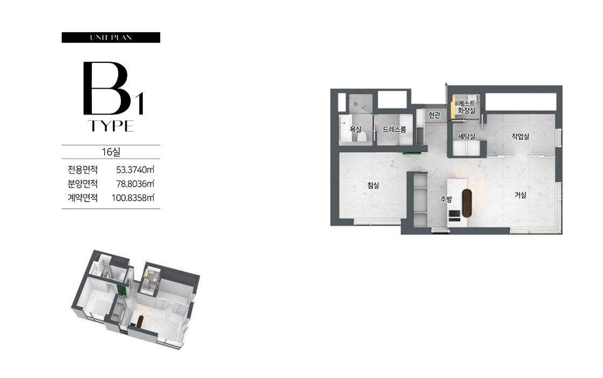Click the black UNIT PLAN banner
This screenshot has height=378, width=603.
coord(111,37)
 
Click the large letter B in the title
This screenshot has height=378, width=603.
coord(106,88)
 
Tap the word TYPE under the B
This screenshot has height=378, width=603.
coord(111,126)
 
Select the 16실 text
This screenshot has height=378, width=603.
coord(111,152)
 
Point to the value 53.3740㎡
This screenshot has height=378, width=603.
coord(135,169)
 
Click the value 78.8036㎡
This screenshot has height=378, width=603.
coord(135,183)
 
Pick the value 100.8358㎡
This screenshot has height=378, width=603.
coord(133,198)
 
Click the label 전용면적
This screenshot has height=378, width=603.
coord(83,169)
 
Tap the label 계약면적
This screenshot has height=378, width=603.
coord(83,198)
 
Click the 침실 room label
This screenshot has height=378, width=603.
coord(373,186)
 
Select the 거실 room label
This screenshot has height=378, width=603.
coord(520,195)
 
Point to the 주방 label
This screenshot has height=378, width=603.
coord(446,199)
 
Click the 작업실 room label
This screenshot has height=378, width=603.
coord(520,137)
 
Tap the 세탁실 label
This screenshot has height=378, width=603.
coord(466,137)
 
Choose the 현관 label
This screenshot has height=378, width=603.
coord(434,115)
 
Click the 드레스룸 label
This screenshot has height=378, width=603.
coord(394,130)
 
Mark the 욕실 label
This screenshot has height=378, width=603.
coord(356,130)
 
